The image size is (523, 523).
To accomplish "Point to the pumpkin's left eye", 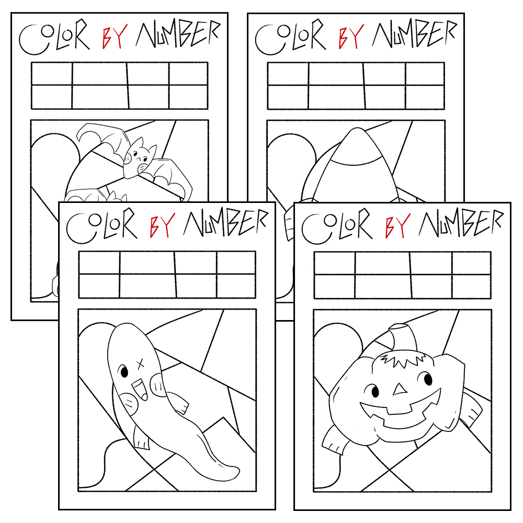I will [x=375, y=391].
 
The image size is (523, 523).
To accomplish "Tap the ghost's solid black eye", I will [x=124, y=371].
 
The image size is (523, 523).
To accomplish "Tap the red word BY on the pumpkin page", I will [x=396, y=224].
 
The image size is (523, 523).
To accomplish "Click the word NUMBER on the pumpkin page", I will [x=461, y=222].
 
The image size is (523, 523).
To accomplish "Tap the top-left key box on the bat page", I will [x=52, y=73].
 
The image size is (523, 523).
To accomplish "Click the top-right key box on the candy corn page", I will [x=425, y=73].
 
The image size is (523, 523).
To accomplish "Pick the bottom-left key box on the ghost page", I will [x=99, y=286].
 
